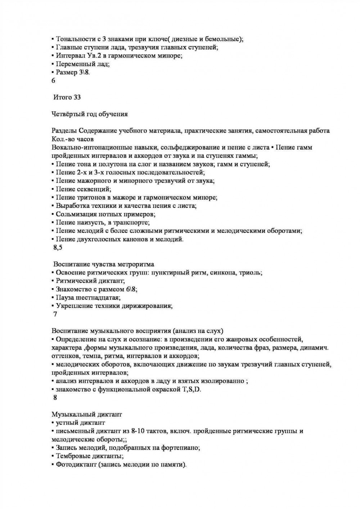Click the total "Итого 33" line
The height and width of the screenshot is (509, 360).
click(67, 97)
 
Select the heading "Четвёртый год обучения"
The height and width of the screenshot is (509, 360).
click(90, 114)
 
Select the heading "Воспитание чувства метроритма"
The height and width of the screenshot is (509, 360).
click(104, 264)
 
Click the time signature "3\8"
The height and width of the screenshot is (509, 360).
click(84, 72)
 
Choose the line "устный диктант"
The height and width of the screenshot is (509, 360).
click(80, 423)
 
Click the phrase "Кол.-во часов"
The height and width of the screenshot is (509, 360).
click(72, 139)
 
